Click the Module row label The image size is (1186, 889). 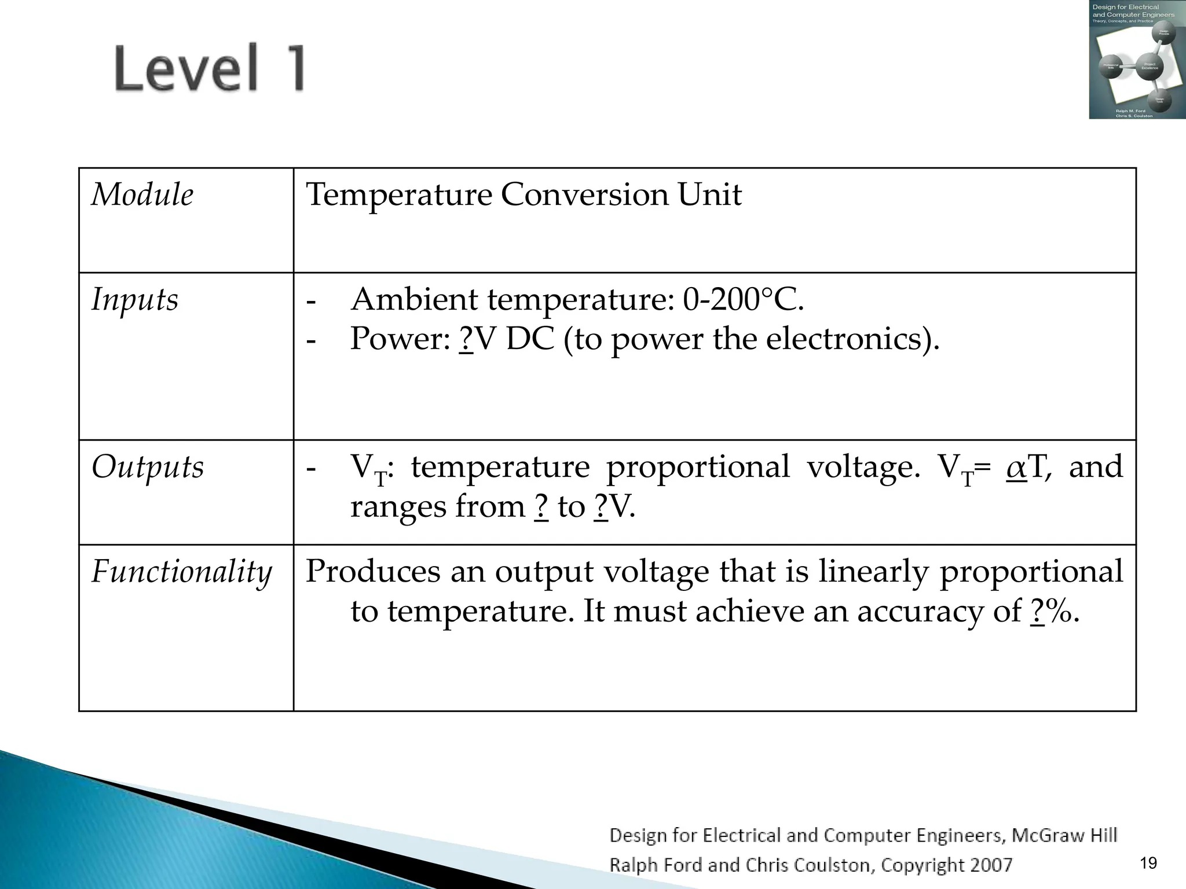(142, 194)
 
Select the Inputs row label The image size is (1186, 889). (135, 300)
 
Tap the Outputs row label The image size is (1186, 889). (148, 466)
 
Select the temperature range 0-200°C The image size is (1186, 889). (743, 300)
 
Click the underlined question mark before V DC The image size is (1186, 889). (466, 339)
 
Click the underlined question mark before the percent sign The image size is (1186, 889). (1038, 611)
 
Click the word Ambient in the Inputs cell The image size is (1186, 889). (415, 300)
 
